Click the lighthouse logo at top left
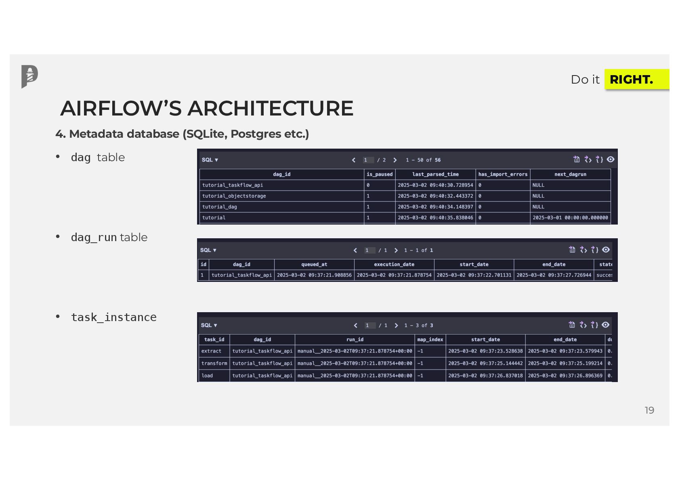click(29, 76)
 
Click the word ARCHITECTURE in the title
click(270, 108)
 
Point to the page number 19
click(649, 410)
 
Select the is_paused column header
click(379, 174)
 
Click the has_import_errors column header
click(503, 174)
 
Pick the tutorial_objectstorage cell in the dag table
click(234, 196)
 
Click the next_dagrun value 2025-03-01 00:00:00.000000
click(570, 218)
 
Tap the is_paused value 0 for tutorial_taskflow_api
click(368, 185)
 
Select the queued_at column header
click(314, 265)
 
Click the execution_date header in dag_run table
click(394, 265)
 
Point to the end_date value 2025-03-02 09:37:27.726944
click(554, 275)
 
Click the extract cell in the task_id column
click(212, 351)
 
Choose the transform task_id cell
click(214, 363)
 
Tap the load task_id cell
click(207, 376)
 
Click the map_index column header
click(430, 340)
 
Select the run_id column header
click(355, 340)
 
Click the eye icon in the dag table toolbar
click(611, 160)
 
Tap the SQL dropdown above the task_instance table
click(209, 326)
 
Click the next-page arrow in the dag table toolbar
click(395, 160)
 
